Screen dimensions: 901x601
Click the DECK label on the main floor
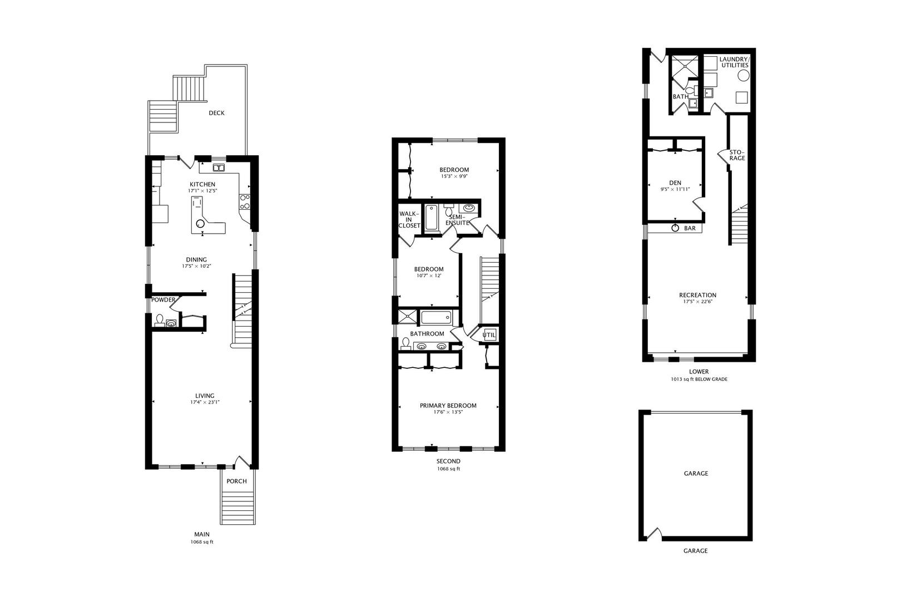[216, 113]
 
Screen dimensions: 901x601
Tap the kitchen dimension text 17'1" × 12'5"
[202, 191]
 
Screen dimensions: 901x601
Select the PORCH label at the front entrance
[236, 481]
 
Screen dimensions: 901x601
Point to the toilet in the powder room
[159, 320]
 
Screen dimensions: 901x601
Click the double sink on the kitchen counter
[219, 168]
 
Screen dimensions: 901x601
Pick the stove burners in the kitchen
[245, 201]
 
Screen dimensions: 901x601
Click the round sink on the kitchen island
[200, 224]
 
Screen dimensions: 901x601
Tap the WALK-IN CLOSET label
[409, 220]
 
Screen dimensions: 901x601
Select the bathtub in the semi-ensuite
[432, 218]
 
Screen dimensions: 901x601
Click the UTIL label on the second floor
[489, 334]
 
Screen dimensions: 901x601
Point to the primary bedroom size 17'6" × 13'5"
[448, 412]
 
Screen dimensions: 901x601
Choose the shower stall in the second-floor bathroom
[407, 317]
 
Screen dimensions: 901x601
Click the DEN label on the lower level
[675, 183]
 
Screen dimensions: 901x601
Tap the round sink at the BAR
[675, 228]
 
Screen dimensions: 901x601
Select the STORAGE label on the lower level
[737, 155]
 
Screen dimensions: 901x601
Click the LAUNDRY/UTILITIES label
[735, 62]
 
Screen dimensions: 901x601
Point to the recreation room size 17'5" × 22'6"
[697, 302]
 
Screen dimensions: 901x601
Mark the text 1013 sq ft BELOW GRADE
[699, 379]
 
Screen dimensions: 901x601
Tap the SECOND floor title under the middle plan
[448, 461]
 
